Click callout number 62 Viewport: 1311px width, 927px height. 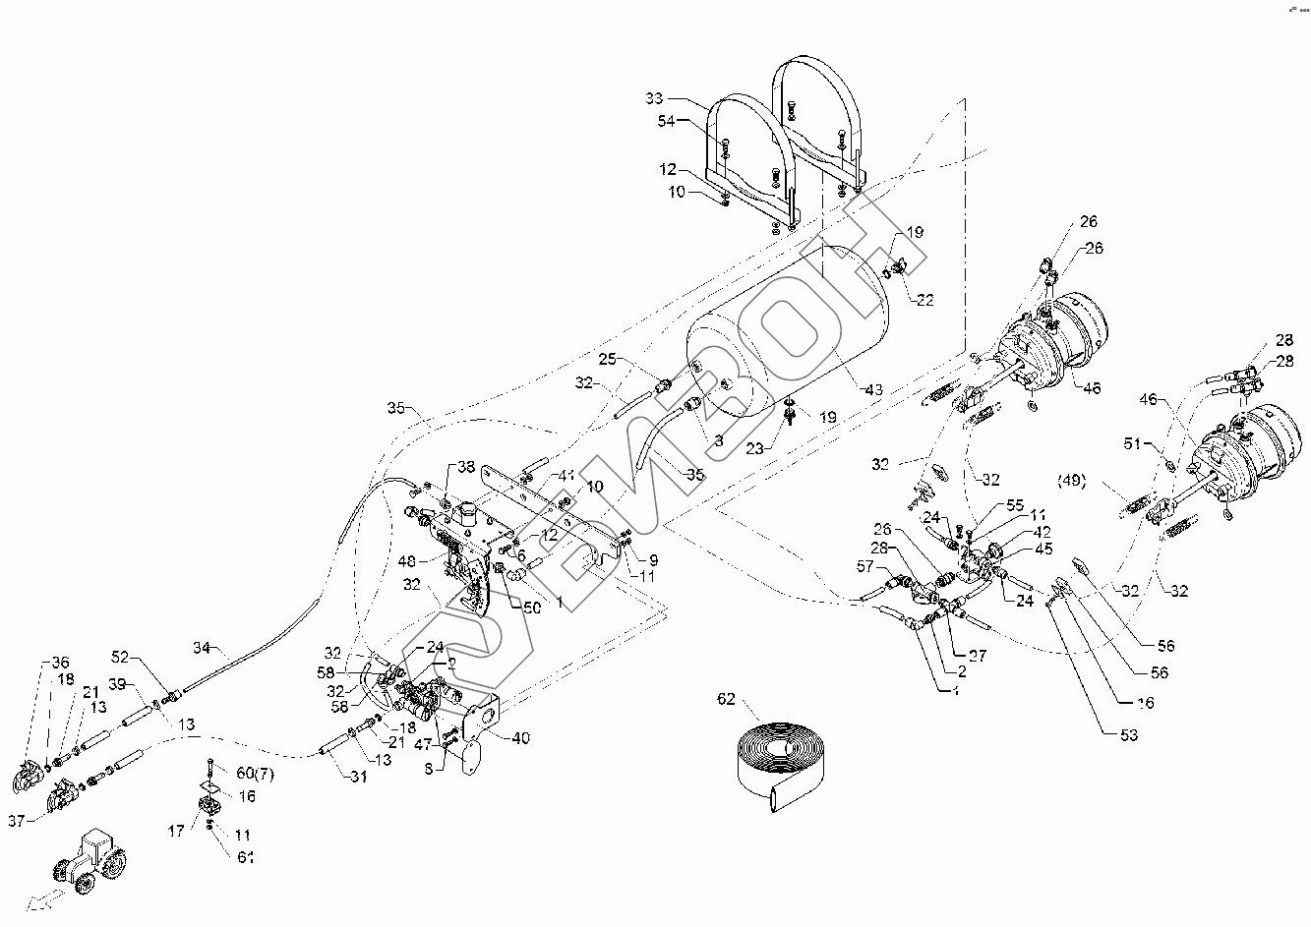tap(726, 701)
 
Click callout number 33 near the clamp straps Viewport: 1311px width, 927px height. tap(655, 98)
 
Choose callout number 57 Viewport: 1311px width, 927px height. tap(865, 567)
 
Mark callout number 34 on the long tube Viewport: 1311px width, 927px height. tap(202, 648)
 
